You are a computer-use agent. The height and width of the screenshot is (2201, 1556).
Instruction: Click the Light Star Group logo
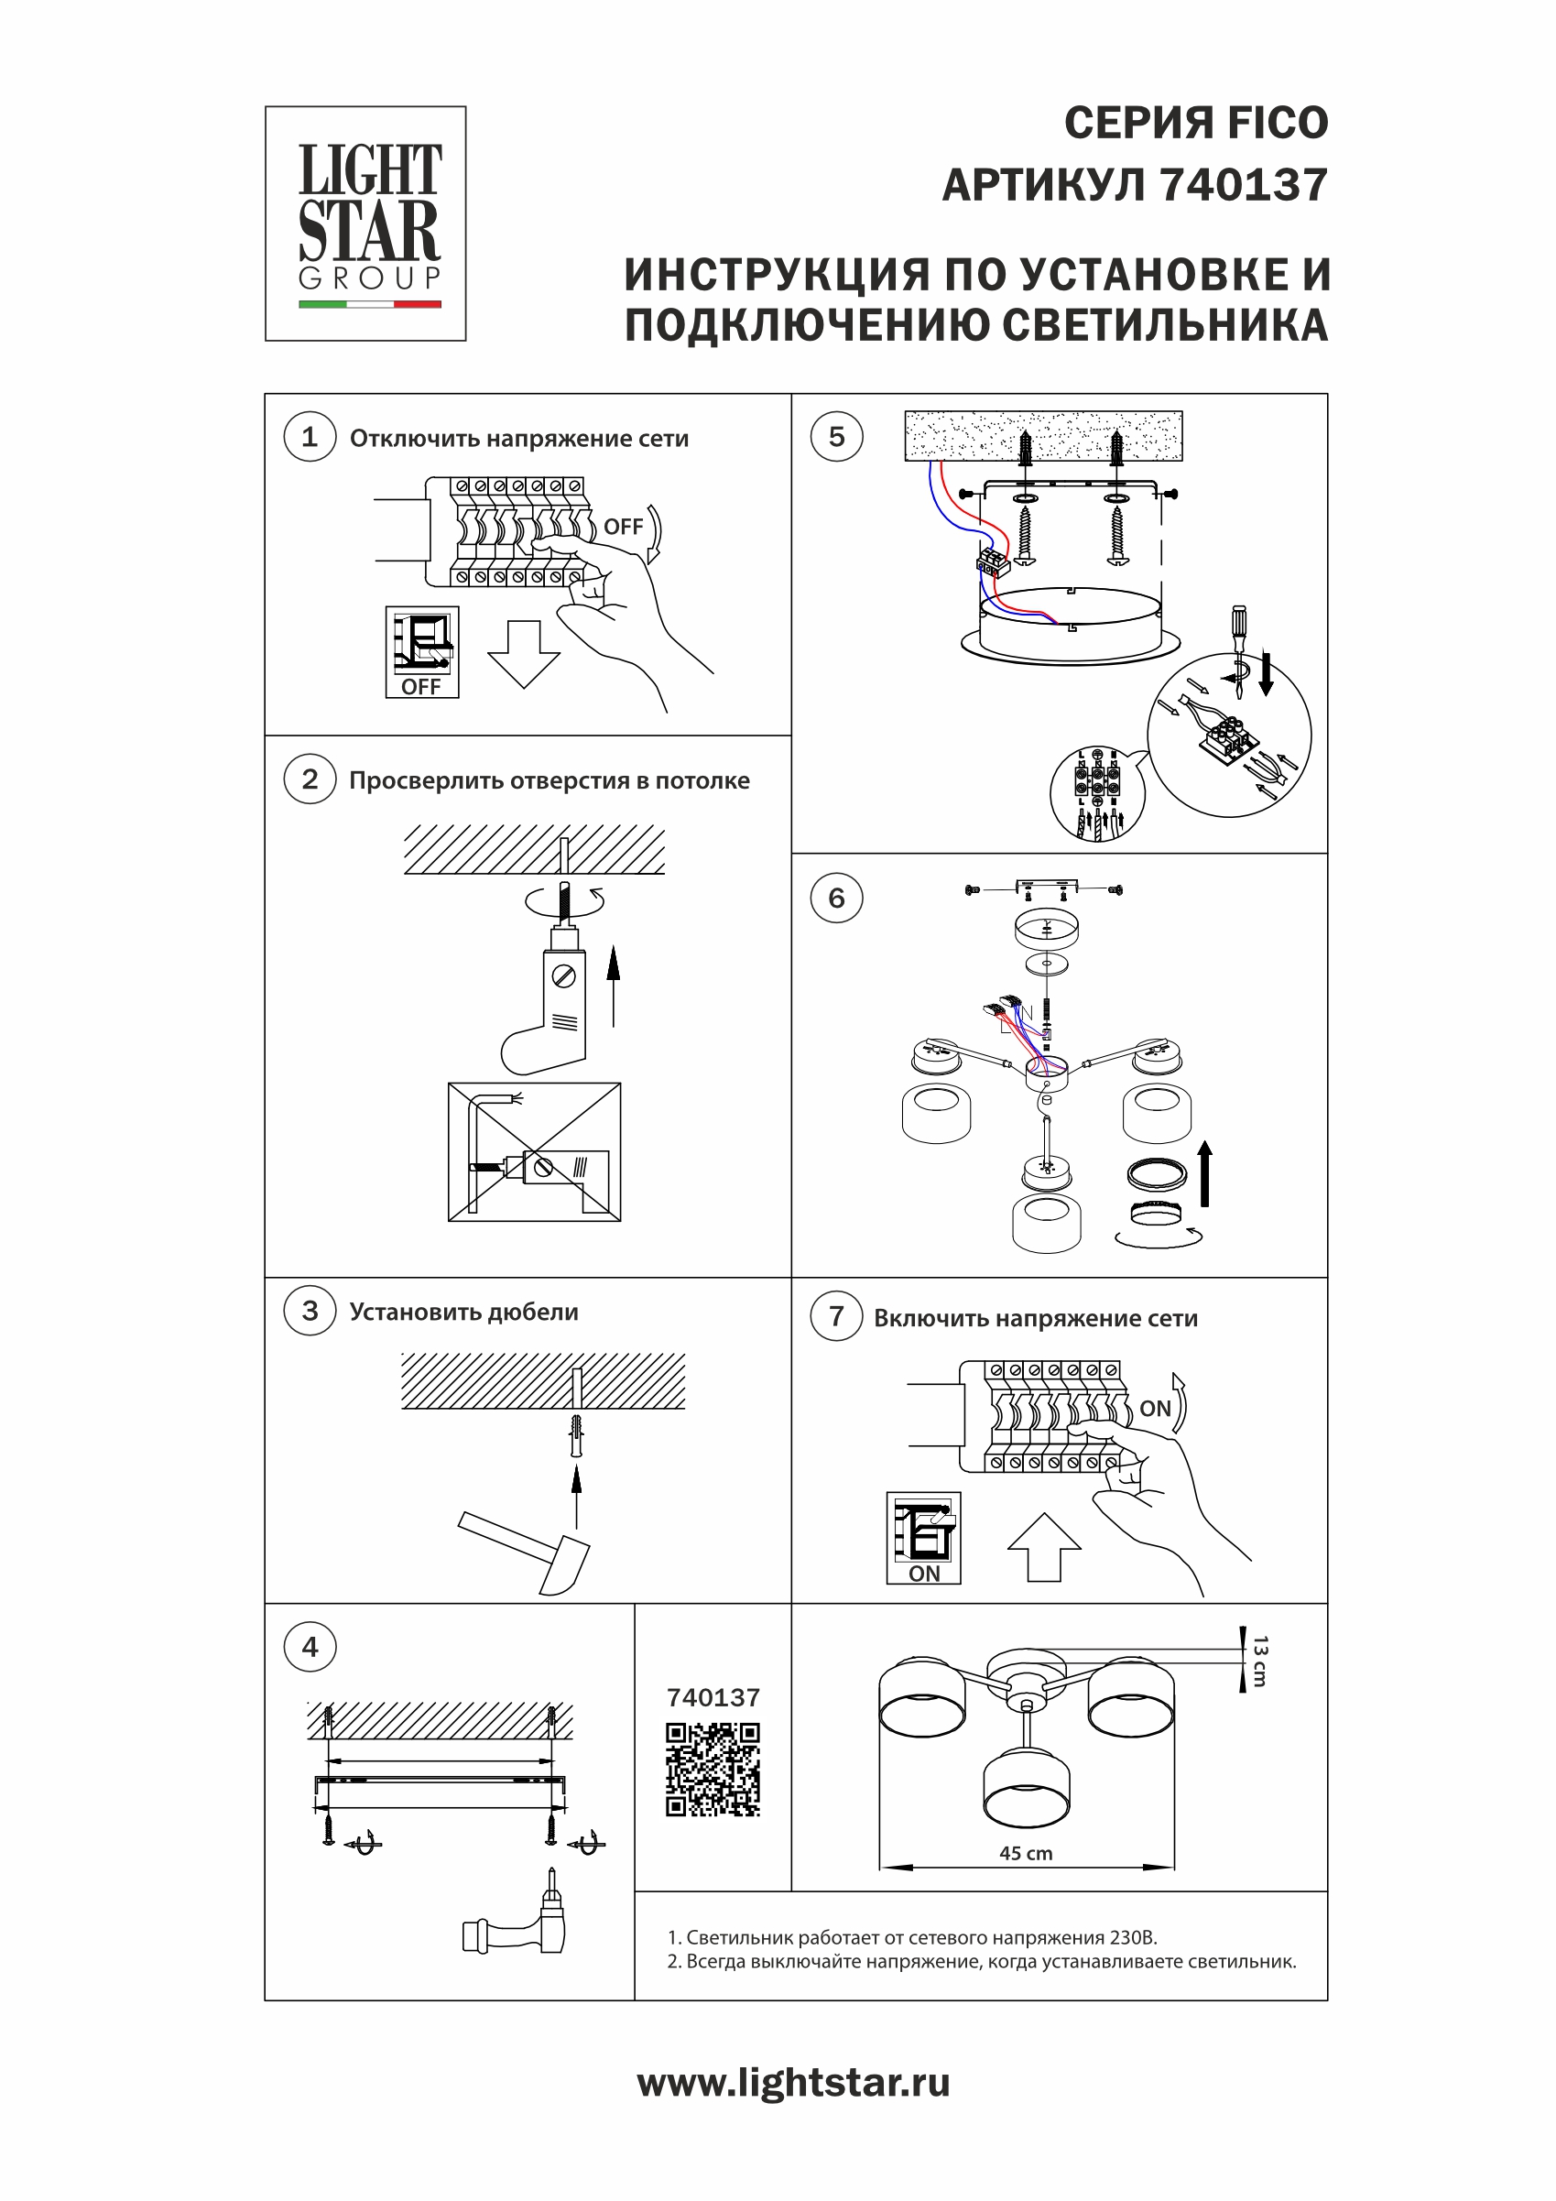coord(365,223)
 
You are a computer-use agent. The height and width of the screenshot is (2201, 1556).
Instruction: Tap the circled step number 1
coord(310,437)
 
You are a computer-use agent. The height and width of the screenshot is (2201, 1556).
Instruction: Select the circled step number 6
coord(836,899)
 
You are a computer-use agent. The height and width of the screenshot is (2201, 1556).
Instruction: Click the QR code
coord(713,1769)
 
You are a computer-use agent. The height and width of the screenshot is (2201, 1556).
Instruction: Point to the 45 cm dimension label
coord(1026,1853)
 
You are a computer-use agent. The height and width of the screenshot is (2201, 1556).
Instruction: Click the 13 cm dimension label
coord(1260,1661)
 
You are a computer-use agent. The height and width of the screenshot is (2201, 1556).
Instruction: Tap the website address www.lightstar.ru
coord(793,2082)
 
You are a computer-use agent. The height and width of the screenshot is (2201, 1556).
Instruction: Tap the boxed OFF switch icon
coord(422,652)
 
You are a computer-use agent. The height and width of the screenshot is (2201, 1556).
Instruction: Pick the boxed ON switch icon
coord(923,1538)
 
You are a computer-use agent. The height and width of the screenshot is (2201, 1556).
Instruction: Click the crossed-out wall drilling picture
coord(534,1151)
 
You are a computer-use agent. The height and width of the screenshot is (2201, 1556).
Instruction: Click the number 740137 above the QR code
coord(713,1698)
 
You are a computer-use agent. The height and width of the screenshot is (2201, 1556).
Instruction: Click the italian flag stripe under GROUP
coord(369,305)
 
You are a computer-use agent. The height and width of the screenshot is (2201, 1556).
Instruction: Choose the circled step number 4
coord(310,1647)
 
